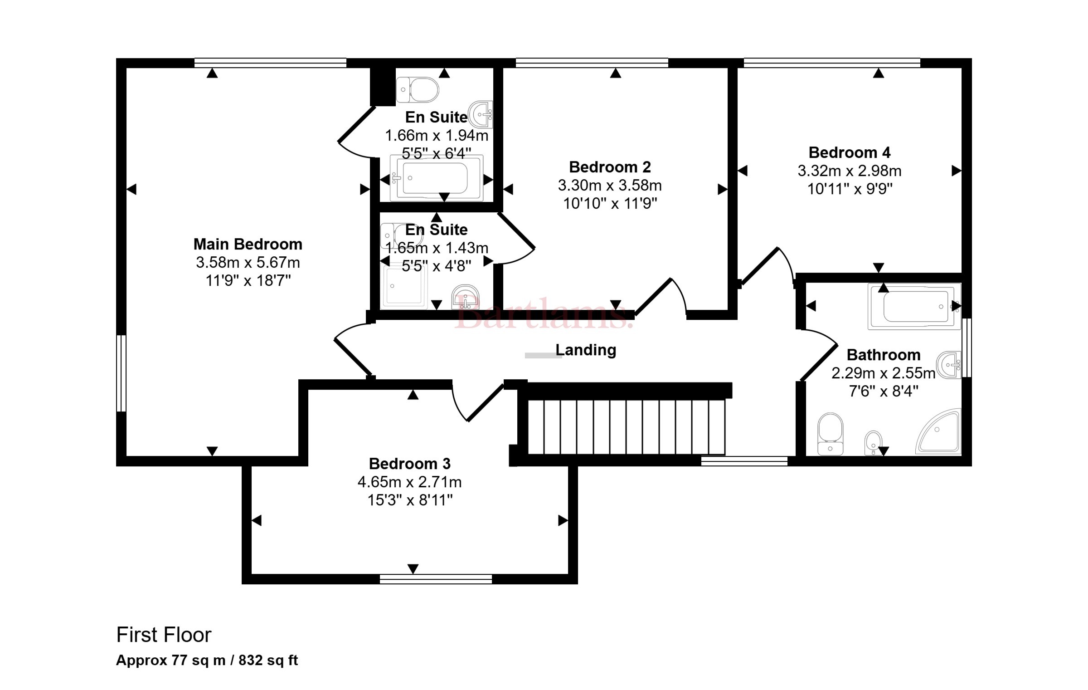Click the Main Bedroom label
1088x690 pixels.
(248, 244)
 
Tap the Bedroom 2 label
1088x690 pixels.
(610, 167)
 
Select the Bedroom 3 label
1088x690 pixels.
(410, 464)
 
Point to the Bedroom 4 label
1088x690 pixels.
(850, 152)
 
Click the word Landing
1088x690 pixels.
(586, 350)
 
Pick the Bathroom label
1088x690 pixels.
(884, 354)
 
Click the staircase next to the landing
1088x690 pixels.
(627, 426)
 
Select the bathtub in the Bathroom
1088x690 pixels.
(914, 306)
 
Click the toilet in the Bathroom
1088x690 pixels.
(830, 434)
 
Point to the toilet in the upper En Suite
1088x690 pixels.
(418, 90)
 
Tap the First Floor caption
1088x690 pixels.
(164, 635)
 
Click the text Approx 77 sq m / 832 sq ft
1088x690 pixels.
(207, 660)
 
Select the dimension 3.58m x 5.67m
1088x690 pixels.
(248, 262)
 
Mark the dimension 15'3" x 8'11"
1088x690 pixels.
(410, 500)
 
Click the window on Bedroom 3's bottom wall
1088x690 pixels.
(436, 579)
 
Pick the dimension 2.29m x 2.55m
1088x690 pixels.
(884, 373)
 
